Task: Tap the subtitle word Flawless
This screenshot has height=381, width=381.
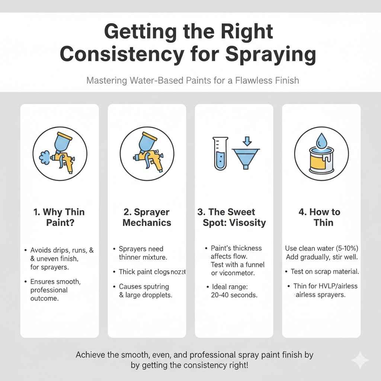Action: click(255, 80)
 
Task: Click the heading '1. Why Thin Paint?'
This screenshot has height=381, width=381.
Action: click(59, 217)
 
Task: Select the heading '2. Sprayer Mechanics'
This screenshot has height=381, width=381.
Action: click(147, 217)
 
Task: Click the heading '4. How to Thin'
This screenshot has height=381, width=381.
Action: click(319, 217)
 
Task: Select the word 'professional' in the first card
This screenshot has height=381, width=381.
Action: click(49, 290)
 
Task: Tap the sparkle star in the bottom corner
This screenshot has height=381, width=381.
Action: click(360, 360)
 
